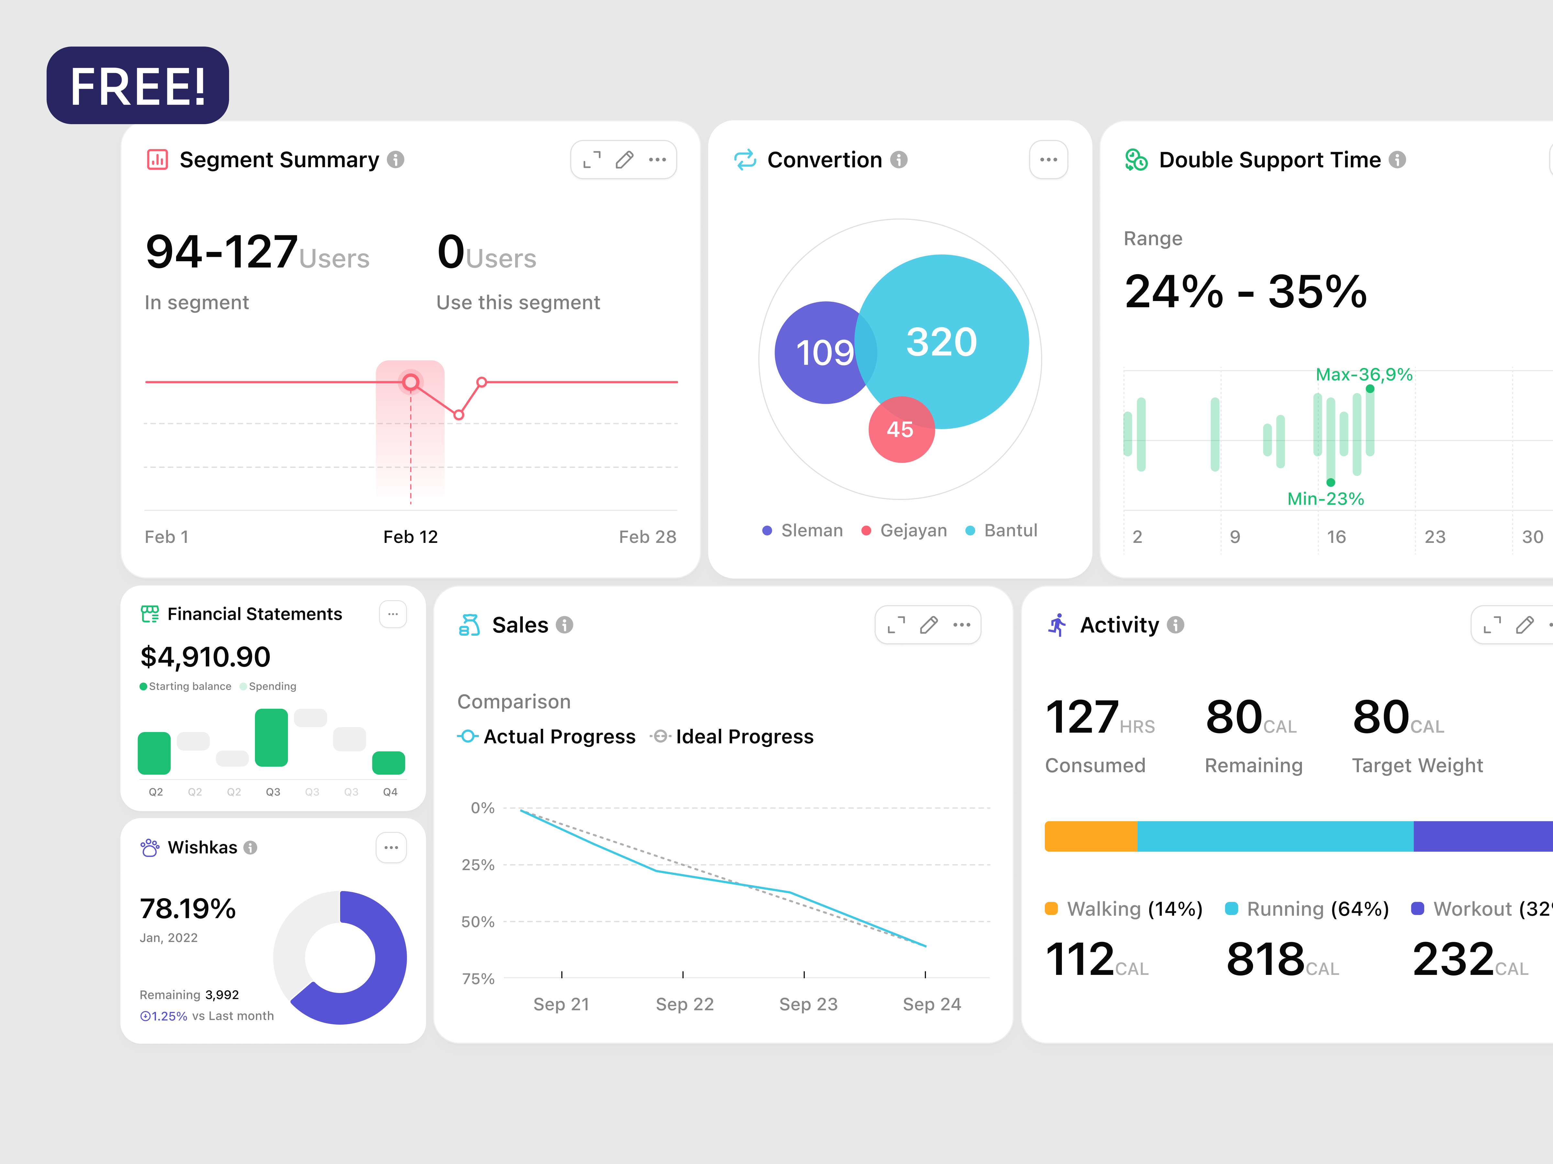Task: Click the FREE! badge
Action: tap(138, 86)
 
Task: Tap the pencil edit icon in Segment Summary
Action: tap(624, 160)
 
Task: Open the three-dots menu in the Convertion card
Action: tap(1048, 160)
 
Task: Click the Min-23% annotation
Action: tap(1325, 499)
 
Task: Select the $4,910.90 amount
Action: tap(205, 657)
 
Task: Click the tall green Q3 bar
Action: tap(271, 738)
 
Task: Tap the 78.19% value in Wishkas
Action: tap(187, 909)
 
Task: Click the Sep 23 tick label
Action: tap(808, 1004)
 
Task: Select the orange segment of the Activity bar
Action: tap(1090, 836)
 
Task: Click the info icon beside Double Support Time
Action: tap(1397, 160)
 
